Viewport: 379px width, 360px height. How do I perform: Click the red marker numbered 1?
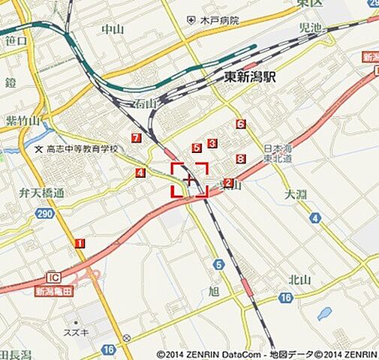click(x=80, y=244)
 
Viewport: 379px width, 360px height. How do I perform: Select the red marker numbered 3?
click(x=212, y=143)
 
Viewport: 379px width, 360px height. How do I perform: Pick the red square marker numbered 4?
click(x=140, y=173)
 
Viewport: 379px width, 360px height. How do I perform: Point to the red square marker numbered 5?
click(x=197, y=148)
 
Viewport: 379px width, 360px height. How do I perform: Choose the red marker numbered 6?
click(x=241, y=124)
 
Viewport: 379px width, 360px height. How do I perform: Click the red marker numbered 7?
click(x=136, y=138)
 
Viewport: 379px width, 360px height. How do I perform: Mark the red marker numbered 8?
click(x=241, y=159)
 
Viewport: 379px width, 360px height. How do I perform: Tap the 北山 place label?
click(x=299, y=280)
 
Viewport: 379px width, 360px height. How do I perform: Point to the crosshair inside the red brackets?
click(x=190, y=180)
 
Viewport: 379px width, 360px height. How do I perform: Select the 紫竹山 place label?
click(x=22, y=121)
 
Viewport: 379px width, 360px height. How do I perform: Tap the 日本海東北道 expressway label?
click(x=278, y=153)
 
